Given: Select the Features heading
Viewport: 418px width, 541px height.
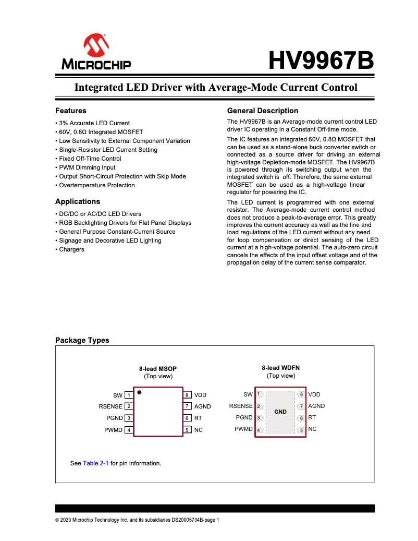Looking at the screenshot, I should (71, 111).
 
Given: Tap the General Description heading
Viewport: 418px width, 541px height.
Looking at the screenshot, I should (263, 111).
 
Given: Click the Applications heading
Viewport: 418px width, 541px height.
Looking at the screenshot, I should (78, 201).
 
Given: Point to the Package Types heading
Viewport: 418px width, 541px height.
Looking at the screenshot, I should (82, 340).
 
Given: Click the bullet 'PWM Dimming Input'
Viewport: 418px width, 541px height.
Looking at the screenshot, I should (87, 167).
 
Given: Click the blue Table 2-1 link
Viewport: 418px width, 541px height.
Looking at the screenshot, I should (96, 463).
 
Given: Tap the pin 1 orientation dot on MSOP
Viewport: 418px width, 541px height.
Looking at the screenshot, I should (139, 392).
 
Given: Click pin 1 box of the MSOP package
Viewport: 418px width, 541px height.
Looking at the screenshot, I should (128, 395).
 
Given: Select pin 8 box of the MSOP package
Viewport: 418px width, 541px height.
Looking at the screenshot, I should (188, 395).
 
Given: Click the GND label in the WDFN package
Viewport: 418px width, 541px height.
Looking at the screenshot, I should (280, 412).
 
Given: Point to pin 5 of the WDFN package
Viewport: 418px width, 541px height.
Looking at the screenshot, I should (301, 430).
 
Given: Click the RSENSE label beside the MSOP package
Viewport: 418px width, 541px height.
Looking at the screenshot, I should (110, 406).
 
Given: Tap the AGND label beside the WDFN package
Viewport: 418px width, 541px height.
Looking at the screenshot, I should (316, 406).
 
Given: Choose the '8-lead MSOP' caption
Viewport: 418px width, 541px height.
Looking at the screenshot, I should (158, 368).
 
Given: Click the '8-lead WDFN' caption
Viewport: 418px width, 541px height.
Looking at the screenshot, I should (281, 368).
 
